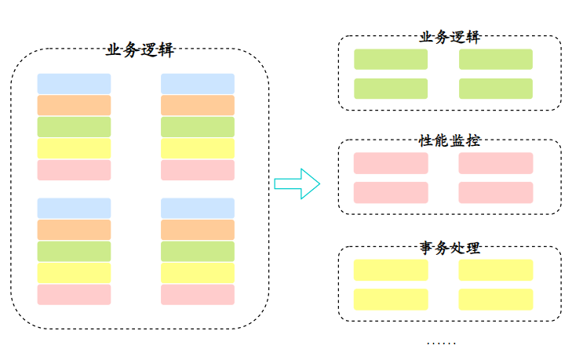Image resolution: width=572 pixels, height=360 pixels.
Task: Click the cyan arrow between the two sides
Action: click(x=297, y=184)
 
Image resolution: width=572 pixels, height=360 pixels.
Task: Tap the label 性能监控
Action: click(x=450, y=141)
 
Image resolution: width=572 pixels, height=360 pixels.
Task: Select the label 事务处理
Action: click(x=450, y=248)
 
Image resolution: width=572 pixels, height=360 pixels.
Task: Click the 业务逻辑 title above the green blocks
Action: click(x=450, y=37)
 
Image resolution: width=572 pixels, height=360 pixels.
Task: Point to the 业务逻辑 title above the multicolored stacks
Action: click(x=140, y=50)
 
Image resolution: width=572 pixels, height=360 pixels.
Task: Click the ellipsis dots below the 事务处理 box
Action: click(x=441, y=343)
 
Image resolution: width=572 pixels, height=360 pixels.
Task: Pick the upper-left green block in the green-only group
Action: click(x=391, y=60)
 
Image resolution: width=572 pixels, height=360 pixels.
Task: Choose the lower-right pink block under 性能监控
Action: click(x=495, y=192)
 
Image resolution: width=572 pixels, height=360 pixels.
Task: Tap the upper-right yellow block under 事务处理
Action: click(x=495, y=270)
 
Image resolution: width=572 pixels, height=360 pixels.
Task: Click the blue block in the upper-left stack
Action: click(x=74, y=84)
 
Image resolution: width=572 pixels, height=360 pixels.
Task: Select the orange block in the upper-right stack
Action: click(x=198, y=105)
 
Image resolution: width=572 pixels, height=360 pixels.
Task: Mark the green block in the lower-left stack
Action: click(x=74, y=252)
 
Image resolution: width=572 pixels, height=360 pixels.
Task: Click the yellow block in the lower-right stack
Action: click(x=198, y=273)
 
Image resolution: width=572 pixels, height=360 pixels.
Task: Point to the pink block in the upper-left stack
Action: click(x=74, y=170)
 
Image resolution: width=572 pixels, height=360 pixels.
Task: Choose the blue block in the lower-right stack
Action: click(x=198, y=209)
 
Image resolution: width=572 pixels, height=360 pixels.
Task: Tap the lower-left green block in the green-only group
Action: click(x=391, y=89)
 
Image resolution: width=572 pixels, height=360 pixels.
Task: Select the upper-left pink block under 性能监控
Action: click(x=391, y=163)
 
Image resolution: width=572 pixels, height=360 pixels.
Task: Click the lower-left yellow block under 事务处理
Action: click(x=391, y=299)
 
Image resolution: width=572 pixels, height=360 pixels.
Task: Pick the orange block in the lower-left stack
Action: click(x=74, y=230)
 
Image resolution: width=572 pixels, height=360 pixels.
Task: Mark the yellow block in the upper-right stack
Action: click(x=198, y=148)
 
